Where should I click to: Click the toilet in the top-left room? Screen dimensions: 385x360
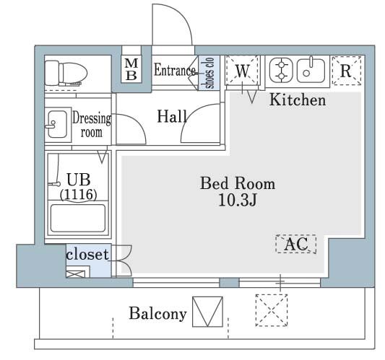coord(66,74)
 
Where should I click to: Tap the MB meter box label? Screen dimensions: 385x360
coord(131,69)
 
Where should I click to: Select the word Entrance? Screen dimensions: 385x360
coord(175,70)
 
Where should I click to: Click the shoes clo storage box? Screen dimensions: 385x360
coord(209,73)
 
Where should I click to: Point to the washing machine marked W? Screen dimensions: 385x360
coord(243,71)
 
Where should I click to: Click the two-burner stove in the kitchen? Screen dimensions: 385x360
coord(281,71)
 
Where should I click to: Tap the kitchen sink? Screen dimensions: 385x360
coord(311,71)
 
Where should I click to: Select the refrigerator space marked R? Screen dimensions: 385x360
coord(347,71)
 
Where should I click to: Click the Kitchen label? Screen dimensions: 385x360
coord(298,100)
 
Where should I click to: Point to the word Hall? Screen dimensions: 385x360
coord(172,116)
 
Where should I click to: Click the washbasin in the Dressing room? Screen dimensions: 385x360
coord(57,124)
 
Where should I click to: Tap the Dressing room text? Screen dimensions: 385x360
coord(91,125)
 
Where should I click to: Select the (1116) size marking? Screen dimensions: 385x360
coord(79,195)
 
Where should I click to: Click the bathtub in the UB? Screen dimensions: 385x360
coord(78,218)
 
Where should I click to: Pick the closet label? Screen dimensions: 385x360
coord(87,254)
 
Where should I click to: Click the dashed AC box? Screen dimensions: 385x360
coord(296,244)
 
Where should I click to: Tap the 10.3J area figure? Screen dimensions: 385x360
coord(238,200)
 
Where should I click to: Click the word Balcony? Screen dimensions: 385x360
coord(157,314)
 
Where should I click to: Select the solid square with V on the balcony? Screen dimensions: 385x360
coord(207,312)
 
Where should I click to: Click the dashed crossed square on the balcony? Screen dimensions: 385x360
coord(272,310)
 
